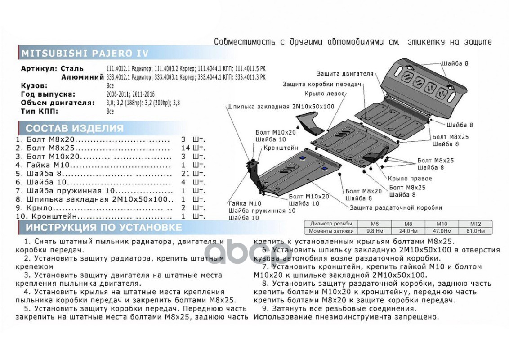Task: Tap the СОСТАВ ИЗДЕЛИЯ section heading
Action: pos(74,128)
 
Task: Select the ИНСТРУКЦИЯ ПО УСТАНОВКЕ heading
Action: pos(103,227)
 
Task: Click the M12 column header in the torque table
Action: pos(475,224)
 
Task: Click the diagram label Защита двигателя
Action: pos(345,73)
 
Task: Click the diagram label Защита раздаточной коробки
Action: pos(396,207)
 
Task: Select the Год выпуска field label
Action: pos(48,94)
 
